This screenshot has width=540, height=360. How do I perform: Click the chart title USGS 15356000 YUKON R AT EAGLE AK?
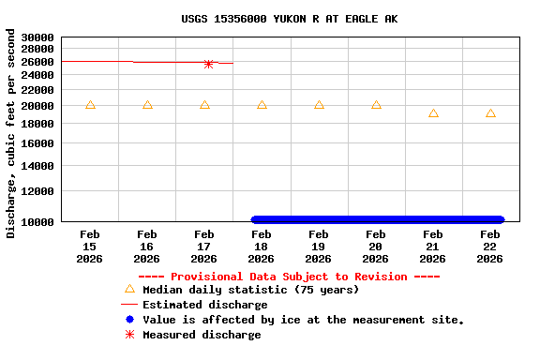coord(288,19)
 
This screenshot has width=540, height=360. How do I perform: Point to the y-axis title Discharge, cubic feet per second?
coord(11,133)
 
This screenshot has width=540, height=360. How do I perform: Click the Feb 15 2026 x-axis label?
coord(90,246)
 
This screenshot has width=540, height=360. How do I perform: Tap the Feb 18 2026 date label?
coord(262,246)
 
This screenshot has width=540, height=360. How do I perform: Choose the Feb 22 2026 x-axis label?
coord(490,246)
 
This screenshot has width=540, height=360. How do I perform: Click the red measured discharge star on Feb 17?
coord(208,64)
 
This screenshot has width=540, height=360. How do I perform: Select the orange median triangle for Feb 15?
coord(90,105)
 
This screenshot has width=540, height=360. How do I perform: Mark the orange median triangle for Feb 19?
coord(319,105)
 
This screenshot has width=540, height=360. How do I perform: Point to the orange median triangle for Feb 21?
coord(433,113)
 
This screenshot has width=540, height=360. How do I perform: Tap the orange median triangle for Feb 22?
coord(490,113)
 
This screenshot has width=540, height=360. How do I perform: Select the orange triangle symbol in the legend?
coord(129,290)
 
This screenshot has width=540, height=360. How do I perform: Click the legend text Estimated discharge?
coord(204,305)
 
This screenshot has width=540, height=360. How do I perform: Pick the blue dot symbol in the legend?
coord(129,320)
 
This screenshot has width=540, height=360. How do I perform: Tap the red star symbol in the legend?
coord(129,335)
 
